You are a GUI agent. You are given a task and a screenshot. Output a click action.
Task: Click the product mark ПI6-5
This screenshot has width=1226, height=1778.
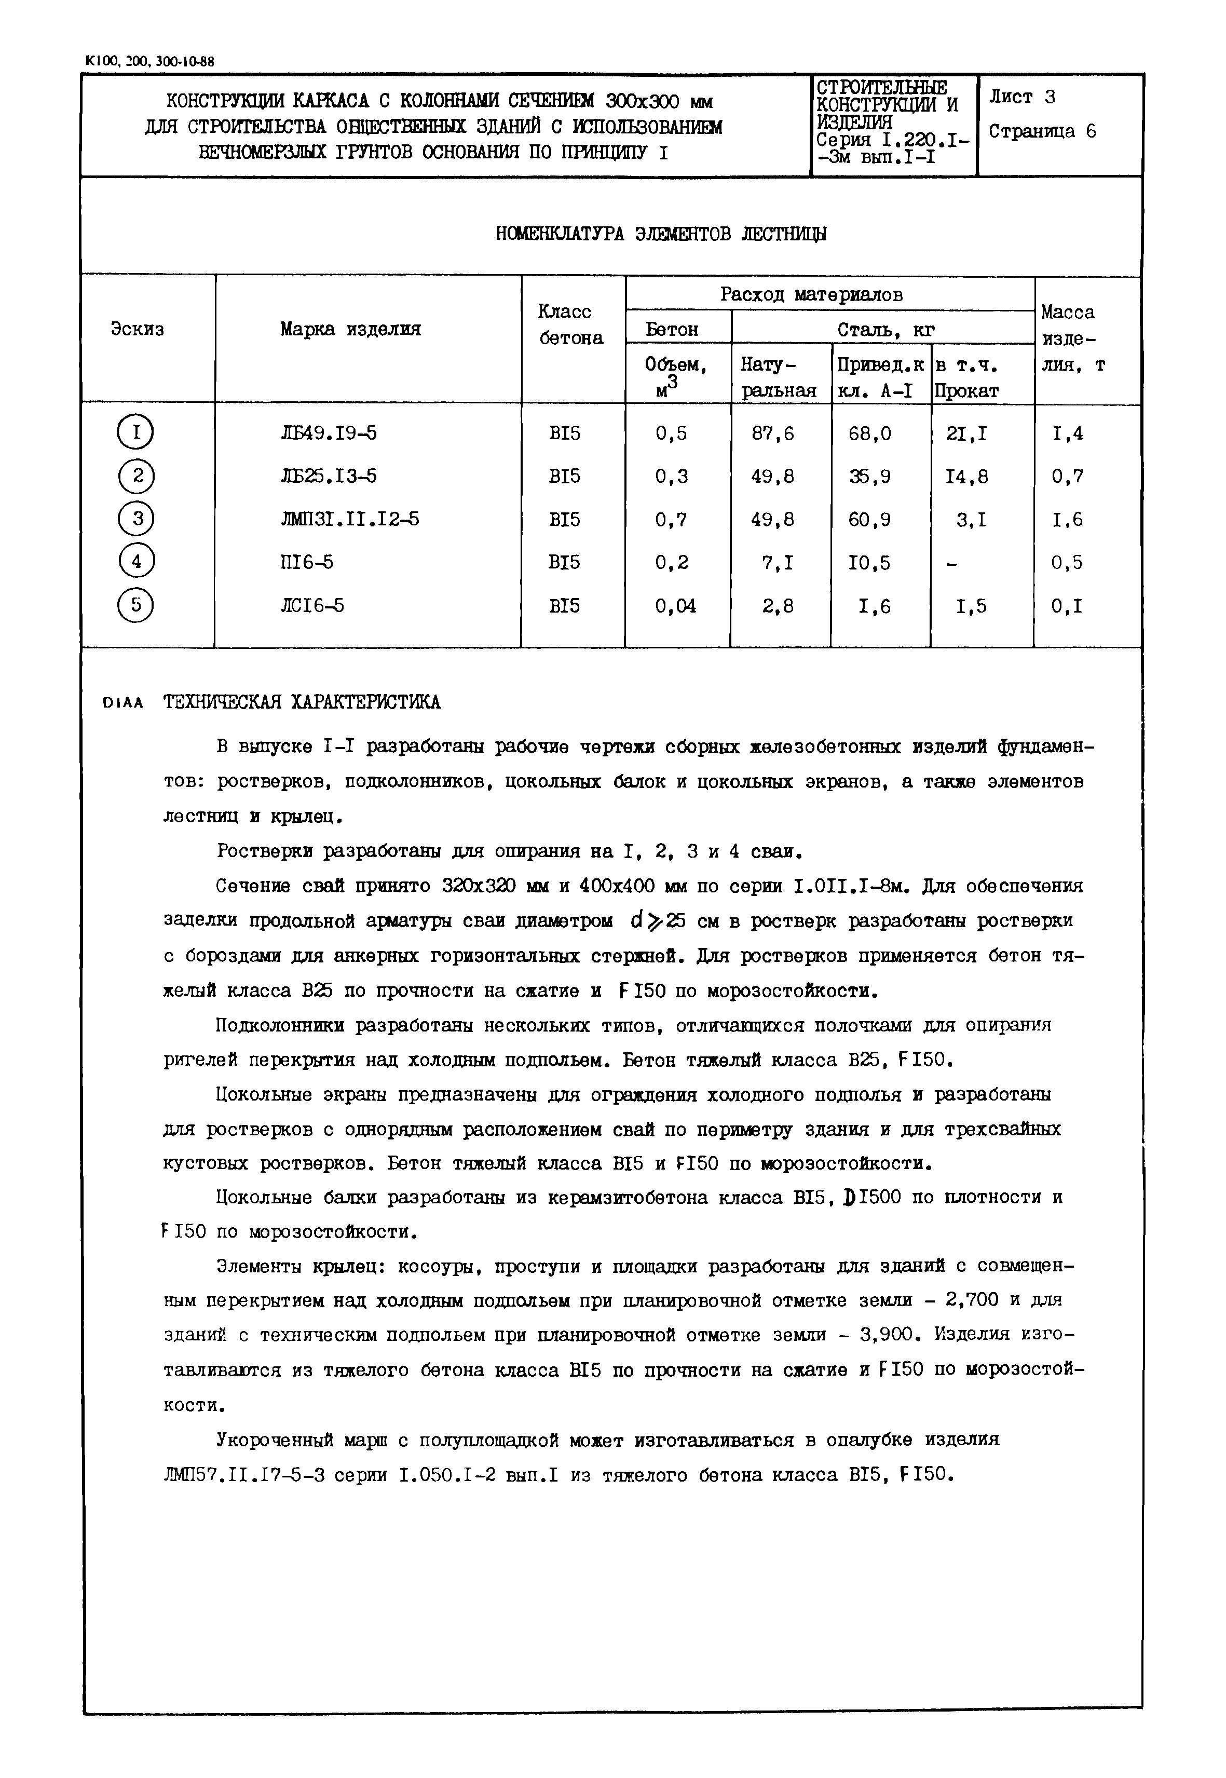[x=307, y=562]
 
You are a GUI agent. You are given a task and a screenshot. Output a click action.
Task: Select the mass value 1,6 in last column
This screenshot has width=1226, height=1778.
[x=1068, y=520]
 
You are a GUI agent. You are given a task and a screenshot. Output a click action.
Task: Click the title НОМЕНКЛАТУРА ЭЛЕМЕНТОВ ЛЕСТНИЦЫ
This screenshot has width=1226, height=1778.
[x=661, y=234]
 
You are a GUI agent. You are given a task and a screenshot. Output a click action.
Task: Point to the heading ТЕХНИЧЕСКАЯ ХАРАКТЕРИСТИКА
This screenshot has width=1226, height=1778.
[x=302, y=702]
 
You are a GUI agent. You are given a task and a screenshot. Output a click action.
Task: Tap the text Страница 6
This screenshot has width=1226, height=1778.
[x=1042, y=131]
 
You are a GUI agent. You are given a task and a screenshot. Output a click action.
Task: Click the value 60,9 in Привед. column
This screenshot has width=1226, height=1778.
[x=870, y=520]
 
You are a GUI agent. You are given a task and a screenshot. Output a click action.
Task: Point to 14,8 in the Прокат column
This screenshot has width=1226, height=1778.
[x=968, y=477]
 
